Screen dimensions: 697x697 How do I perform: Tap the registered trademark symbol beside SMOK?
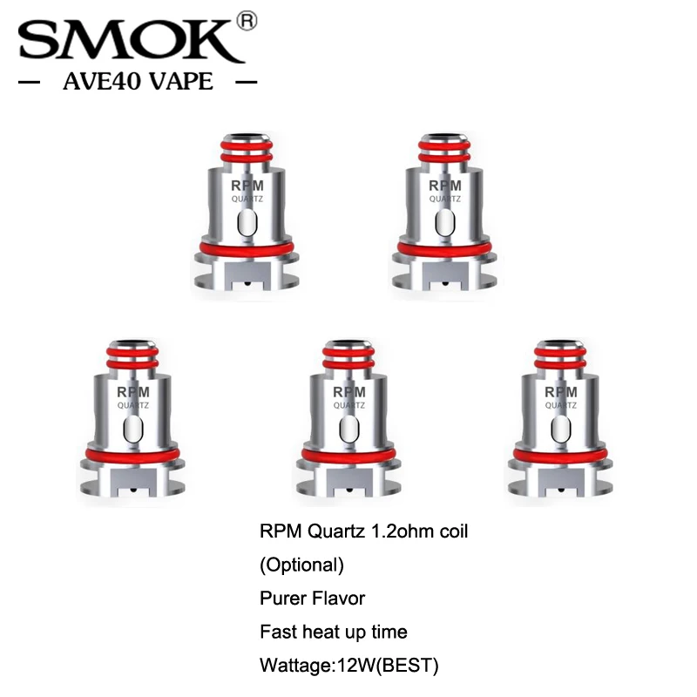[x=248, y=19]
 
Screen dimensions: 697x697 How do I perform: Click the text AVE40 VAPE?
[x=138, y=83]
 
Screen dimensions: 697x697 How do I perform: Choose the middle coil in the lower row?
[x=348, y=416]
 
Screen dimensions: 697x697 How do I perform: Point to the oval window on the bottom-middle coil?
[x=348, y=430]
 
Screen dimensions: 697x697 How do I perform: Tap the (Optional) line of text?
[x=302, y=565]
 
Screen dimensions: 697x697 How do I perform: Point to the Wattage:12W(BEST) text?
[x=348, y=666]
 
